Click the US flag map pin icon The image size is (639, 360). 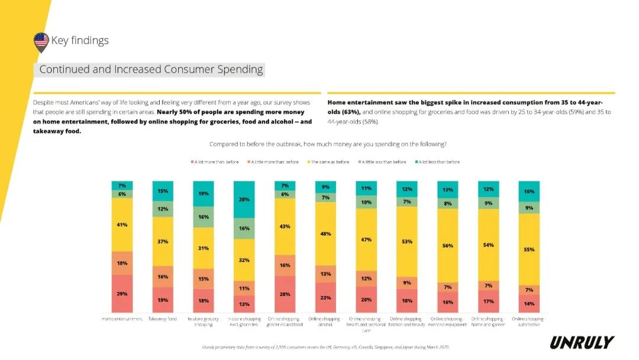click(41, 41)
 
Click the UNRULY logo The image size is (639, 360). click(582, 342)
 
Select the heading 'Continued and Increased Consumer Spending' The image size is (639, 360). click(151, 69)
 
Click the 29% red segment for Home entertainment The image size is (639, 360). click(122, 294)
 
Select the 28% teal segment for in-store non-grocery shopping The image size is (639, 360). click(244, 200)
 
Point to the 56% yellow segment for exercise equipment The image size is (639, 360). click(448, 245)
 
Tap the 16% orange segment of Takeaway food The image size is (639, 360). click(163, 277)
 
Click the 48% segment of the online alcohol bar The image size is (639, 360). click(325, 234)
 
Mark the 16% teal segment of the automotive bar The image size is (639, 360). click(529, 191)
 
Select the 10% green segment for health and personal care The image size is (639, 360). click(366, 202)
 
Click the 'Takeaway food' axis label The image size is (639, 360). click(163, 319)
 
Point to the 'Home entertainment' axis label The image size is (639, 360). click(122, 319)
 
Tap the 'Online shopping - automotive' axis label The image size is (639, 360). click(529, 322)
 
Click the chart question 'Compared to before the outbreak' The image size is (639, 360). click(328, 144)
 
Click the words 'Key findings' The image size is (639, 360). click(80, 41)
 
